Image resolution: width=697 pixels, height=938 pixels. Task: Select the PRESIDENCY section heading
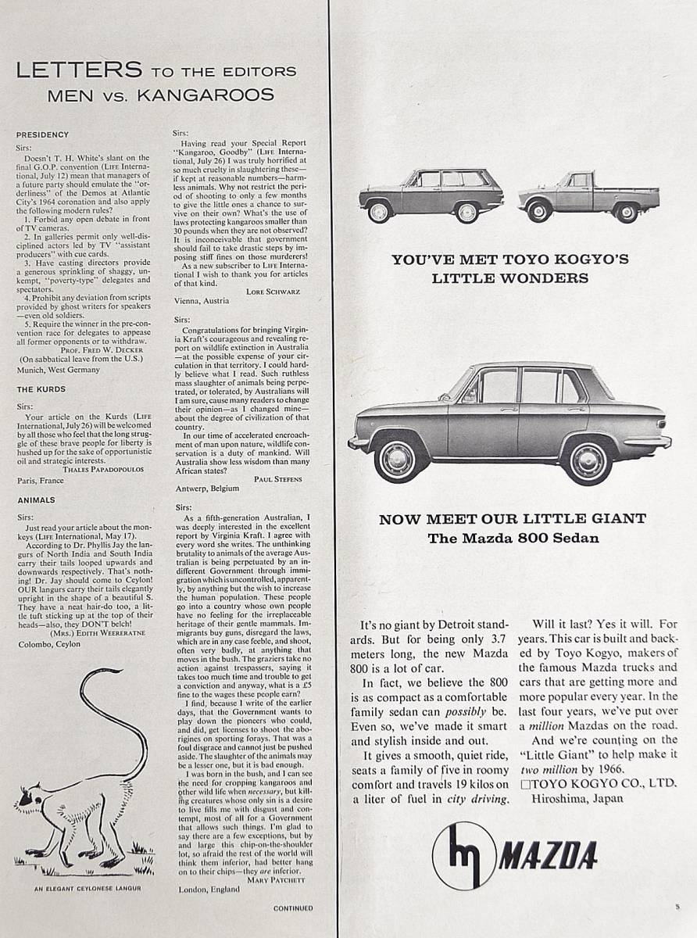click(x=42, y=134)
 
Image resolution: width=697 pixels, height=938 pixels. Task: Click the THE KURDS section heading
click(x=41, y=388)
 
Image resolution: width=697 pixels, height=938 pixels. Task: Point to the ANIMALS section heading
click(x=36, y=499)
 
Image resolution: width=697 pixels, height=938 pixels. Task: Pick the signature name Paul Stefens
click(x=278, y=478)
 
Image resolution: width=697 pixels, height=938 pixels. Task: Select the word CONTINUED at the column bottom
click(x=293, y=908)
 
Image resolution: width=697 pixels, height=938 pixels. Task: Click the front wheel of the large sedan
click(x=399, y=458)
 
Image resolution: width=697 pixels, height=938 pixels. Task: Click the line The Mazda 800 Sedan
click(x=513, y=538)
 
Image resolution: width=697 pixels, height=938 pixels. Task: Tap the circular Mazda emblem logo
click(x=463, y=855)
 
